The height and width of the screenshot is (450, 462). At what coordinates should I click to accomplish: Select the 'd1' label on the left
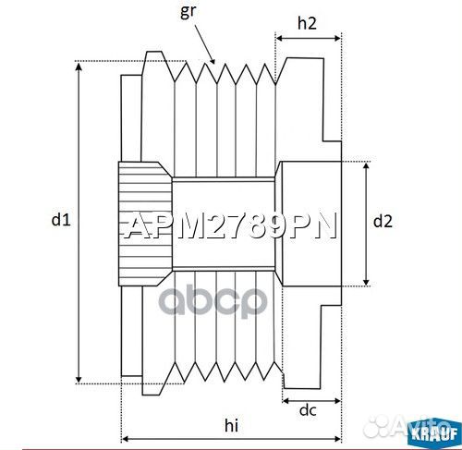click(x=61, y=219)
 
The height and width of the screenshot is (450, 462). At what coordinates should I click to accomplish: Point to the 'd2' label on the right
click(x=383, y=221)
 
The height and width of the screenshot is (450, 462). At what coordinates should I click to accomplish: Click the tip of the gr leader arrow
click(x=214, y=63)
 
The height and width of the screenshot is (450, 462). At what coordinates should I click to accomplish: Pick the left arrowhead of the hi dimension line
click(x=125, y=437)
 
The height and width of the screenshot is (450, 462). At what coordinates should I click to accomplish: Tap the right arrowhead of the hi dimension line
click(x=339, y=437)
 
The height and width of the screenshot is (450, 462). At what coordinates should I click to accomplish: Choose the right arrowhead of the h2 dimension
click(x=339, y=38)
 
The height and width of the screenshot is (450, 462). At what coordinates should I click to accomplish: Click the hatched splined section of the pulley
click(x=143, y=220)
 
